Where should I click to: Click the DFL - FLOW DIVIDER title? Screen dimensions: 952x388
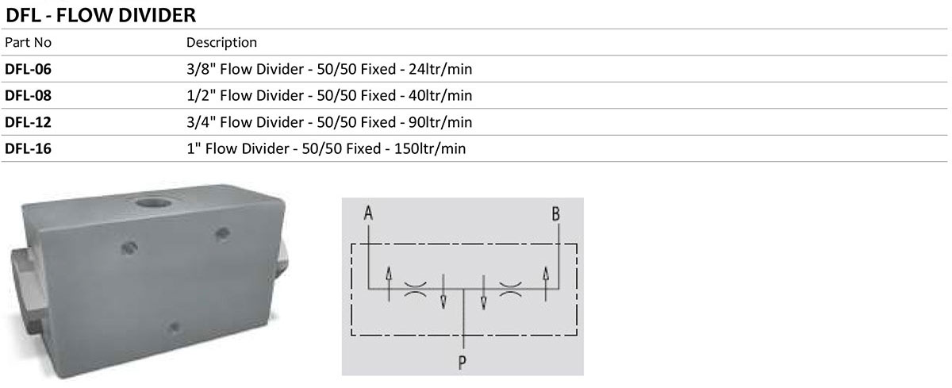pos(101,15)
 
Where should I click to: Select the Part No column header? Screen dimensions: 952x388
pos(28,43)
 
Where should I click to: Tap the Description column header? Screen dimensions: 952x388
pos(221,43)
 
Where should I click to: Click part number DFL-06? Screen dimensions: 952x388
pos(28,69)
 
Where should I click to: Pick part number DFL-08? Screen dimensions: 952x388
pos(28,95)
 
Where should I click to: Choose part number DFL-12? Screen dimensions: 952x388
pos(28,122)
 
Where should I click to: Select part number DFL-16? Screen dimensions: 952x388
pos(28,148)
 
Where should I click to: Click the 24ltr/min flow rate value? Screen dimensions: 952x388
pos(440,69)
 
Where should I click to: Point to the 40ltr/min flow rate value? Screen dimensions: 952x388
pos(440,95)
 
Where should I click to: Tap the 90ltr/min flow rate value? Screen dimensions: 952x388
pos(440,122)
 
